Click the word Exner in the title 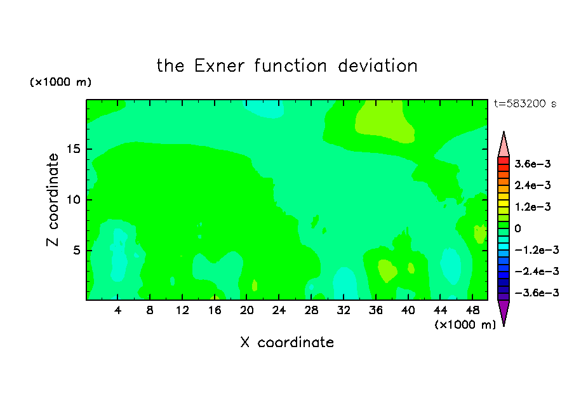pyautogui.click(x=219, y=66)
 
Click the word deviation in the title pyautogui.click(x=377, y=66)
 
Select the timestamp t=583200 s pyautogui.click(x=525, y=103)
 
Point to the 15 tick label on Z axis pyautogui.click(x=73, y=149)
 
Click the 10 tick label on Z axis pyautogui.click(x=73, y=199)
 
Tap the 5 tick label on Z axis pyautogui.click(x=76, y=250)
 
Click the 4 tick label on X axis pyautogui.click(x=117, y=310)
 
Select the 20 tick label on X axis pyautogui.click(x=247, y=310)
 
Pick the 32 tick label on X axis pyautogui.click(x=344, y=310)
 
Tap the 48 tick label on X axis pyautogui.click(x=472, y=310)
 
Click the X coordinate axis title pyautogui.click(x=287, y=342)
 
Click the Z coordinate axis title pyautogui.click(x=53, y=200)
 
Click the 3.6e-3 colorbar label pyautogui.click(x=533, y=164)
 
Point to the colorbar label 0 pyautogui.click(x=517, y=228)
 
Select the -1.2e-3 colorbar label pyautogui.click(x=537, y=250)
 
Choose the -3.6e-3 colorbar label pyautogui.click(x=537, y=293)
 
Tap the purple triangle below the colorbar pyautogui.click(x=504, y=312)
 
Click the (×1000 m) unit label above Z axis pyautogui.click(x=60, y=82)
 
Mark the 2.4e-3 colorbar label pyautogui.click(x=533, y=185)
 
